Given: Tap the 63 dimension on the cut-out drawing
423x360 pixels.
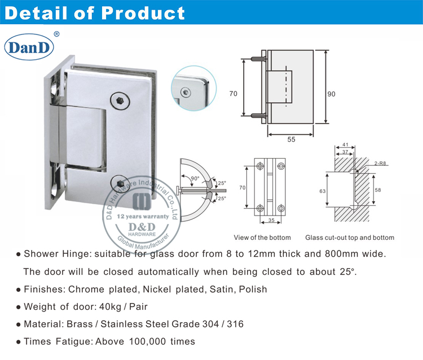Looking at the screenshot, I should tap(323, 191).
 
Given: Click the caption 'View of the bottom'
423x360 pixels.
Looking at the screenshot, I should tap(262, 238).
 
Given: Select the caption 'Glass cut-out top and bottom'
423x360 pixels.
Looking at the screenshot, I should tap(350, 238).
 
